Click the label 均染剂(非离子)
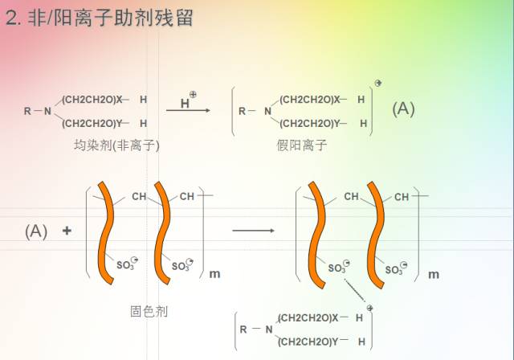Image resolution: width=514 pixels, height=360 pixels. tap(117, 145)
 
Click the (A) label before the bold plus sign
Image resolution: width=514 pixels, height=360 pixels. tap(36, 231)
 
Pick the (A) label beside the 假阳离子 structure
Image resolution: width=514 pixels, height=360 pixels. tap(403, 109)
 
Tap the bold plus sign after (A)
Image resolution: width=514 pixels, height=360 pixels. tap(67, 231)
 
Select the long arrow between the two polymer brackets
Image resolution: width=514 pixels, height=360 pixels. tap(253, 231)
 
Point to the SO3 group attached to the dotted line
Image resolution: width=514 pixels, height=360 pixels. tap(337, 268)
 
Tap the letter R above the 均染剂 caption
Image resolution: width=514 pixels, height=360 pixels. tap(27, 111)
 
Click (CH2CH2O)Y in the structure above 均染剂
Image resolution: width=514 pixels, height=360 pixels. tap(92, 123)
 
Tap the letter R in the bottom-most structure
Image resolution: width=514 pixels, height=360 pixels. tap(243, 329)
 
